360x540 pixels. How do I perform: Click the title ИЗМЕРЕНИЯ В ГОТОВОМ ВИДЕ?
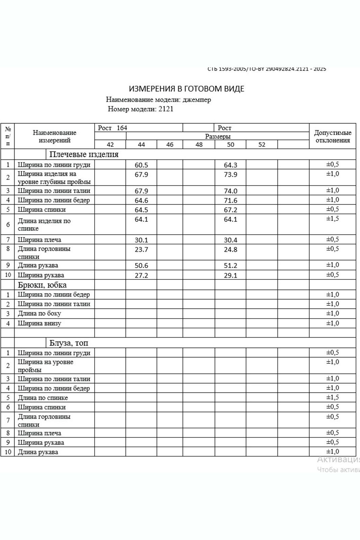coord(186,89)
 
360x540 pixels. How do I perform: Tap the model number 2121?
coord(165,109)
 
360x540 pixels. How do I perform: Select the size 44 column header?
coord(141,145)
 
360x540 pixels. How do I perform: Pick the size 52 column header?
coord(262,145)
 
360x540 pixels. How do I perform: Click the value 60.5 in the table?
coord(141,165)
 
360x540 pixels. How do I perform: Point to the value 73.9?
coord(230,174)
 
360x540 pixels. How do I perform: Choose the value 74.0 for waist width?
coord(230,191)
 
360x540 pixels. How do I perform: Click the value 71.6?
coord(230,200)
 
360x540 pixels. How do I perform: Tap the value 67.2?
coord(230,210)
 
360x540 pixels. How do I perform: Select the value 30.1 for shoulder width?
coord(141,240)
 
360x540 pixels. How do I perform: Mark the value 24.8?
coord(230,250)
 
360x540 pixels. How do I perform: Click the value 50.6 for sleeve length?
coord(141,266)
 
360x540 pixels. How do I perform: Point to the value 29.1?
coord(230,275)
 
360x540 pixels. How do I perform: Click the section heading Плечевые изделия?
coord(84,155)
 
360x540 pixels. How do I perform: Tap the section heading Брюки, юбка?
coord(42,285)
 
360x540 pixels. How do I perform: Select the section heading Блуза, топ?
coord(69,343)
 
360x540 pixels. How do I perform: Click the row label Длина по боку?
coord(39,314)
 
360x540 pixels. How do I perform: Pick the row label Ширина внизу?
coord(39,323)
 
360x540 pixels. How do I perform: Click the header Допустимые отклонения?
coord(333,136)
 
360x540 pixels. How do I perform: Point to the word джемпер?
coord(197,100)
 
